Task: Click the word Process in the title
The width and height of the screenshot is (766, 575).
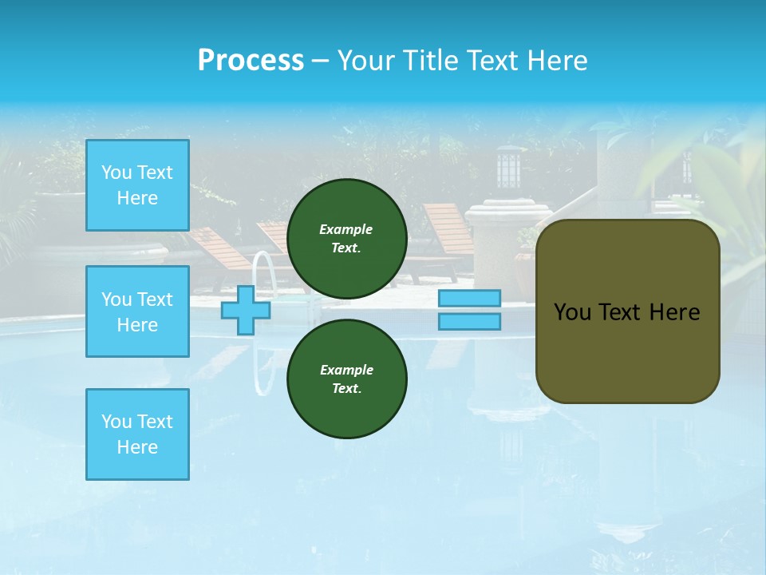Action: pos(251,61)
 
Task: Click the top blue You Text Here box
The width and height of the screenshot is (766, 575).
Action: pos(137,185)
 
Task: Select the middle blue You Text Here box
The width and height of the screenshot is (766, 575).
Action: pos(137,311)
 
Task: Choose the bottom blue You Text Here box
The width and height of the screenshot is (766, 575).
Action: pos(137,434)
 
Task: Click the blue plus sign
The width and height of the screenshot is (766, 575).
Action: pos(246,311)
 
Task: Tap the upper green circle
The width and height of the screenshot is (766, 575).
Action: pos(347,239)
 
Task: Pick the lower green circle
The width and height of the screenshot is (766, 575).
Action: pos(347,379)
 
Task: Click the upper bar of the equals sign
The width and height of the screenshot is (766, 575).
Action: pos(469,298)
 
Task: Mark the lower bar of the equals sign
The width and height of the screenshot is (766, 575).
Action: pos(469,322)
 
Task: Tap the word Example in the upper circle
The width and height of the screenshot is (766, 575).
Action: pos(346,229)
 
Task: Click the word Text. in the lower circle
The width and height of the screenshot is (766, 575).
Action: pos(346,389)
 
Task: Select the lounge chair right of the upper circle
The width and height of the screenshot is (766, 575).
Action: pos(447,232)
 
